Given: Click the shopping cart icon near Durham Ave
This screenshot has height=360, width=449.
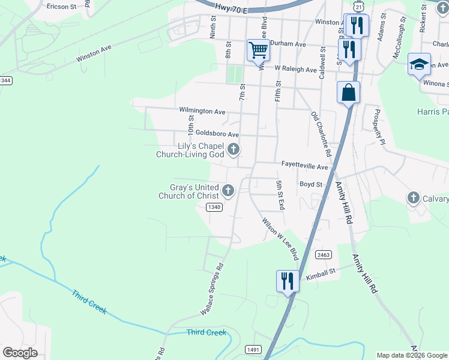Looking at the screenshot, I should coord(258,50).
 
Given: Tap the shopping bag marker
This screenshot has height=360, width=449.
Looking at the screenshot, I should coord(349,93).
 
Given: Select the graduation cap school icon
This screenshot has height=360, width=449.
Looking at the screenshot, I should coord(419,65).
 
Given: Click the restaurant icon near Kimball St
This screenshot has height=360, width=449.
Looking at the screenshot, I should coord(288,281).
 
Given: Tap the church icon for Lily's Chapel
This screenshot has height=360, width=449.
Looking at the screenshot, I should coord(234,149).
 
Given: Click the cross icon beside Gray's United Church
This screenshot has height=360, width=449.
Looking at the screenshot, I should coord(228,191).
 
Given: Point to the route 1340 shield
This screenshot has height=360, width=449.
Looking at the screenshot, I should coord(214,207).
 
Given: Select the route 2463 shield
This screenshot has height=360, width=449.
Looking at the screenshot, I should coord(323,255).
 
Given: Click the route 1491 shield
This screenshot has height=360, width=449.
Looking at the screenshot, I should coord(252,349).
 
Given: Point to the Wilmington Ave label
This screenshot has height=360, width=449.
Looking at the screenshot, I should coord(202,111).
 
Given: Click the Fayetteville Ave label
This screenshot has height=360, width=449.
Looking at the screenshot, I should coord(305,166).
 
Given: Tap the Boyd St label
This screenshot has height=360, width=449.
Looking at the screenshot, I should coord(311,184).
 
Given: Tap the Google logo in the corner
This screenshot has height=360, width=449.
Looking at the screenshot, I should coord(20,352).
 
